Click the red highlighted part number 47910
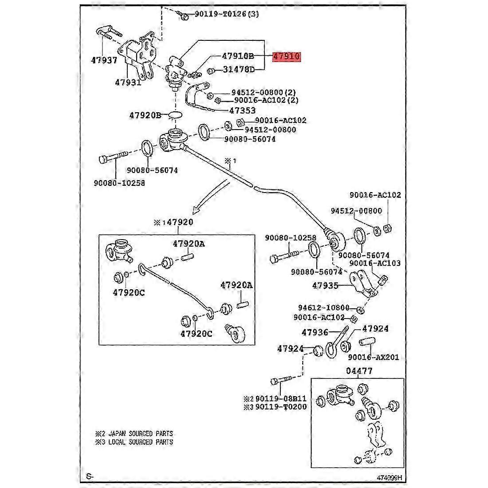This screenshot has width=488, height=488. (x=287, y=57)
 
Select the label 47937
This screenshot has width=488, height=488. (x=105, y=60)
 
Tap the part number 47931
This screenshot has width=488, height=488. (x=128, y=82)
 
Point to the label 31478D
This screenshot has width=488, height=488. (x=239, y=70)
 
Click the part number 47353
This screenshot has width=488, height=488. (x=242, y=110)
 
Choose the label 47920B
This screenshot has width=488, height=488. (x=145, y=115)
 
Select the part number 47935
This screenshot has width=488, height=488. (x=326, y=286)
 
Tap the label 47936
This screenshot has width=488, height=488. (x=315, y=332)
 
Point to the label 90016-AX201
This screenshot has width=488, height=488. (x=373, y=357)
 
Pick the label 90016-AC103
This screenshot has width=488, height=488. (x=375, y=263)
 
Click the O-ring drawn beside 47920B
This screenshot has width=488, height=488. (x=176, y=115)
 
